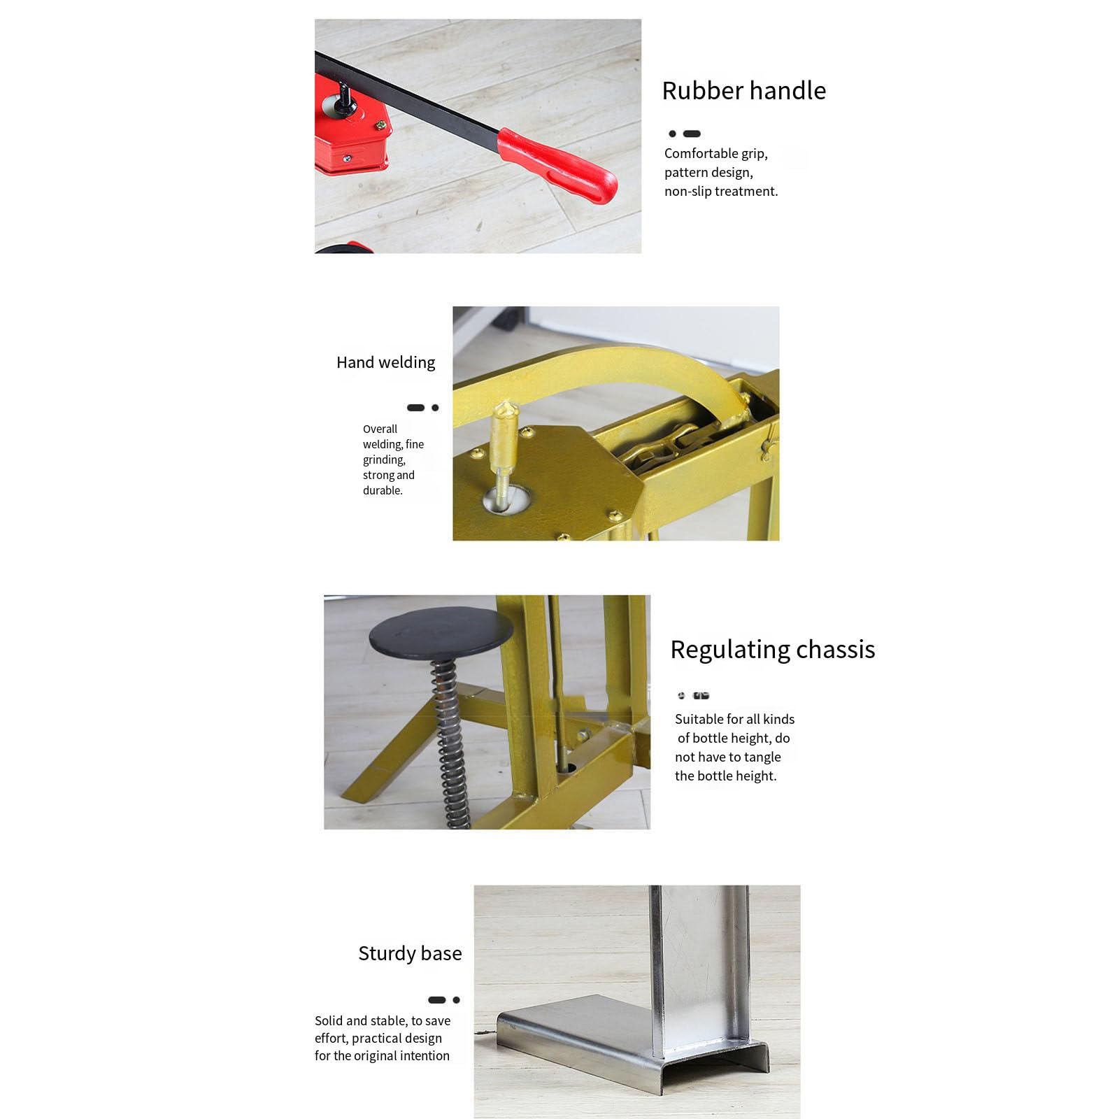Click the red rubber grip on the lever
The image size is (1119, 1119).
pos(557,166)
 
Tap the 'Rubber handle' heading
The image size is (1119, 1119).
pos(744,91)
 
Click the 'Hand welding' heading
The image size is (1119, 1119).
pos(385,362)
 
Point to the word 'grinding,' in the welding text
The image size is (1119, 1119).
pos(384,460)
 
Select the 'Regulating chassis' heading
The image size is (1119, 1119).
pos(773,650)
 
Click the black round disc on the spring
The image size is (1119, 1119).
pos(441,632)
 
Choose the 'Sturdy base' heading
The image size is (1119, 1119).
pos(410,953)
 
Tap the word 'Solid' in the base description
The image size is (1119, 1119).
pos(329,1021)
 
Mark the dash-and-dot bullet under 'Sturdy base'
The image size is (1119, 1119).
pos(443,1000)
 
